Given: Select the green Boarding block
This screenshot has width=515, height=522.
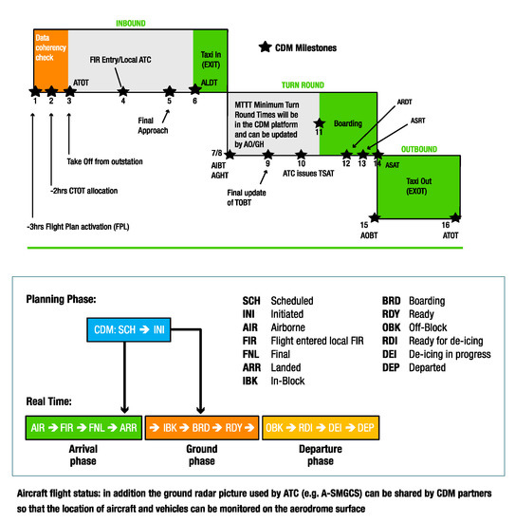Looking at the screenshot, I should [350, 121].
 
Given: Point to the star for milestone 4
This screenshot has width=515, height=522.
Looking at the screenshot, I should [123, 91].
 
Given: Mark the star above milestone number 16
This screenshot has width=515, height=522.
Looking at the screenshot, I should [453, 219].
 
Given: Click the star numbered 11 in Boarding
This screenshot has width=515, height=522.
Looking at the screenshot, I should [320, 123].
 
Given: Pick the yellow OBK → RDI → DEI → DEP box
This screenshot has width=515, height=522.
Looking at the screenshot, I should [321, 427].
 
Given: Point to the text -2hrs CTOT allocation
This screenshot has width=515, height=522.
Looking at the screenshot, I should [90, 192].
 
